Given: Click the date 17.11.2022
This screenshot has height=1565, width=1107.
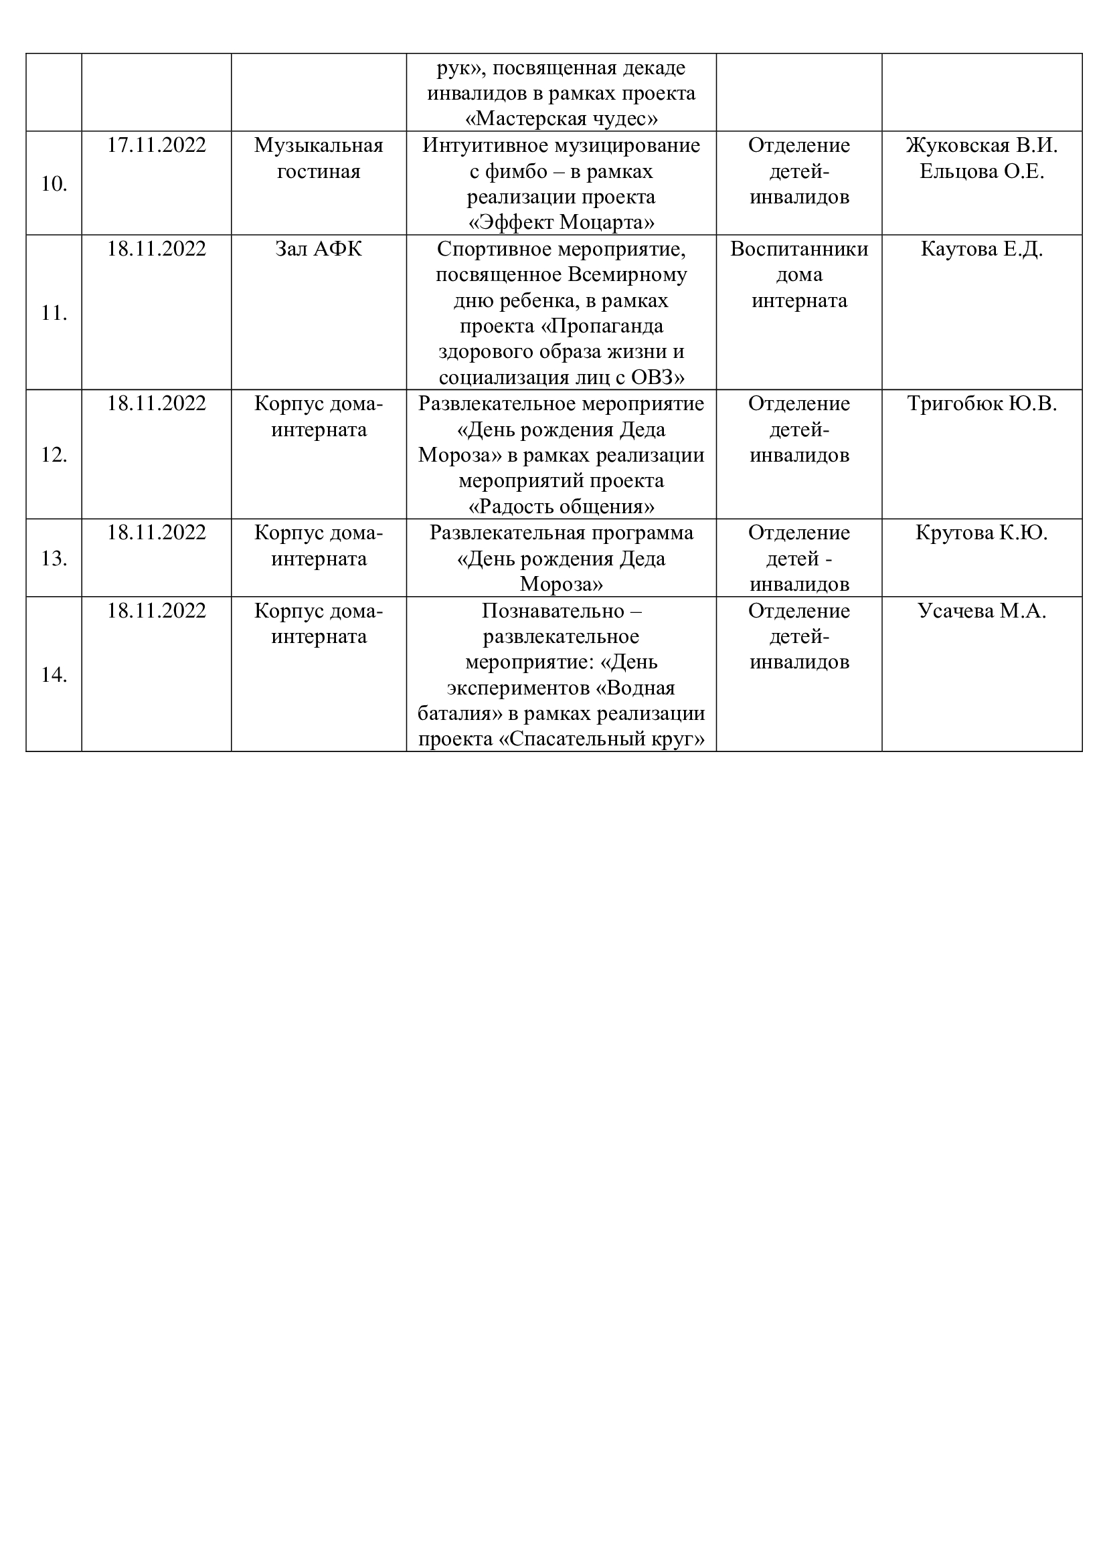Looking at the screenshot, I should tap(156, 145).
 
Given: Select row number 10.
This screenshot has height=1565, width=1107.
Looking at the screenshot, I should tap(54, 184).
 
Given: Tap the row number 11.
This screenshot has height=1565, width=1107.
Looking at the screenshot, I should tap(54, 314).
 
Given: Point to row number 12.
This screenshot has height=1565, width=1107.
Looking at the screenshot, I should tap(54, 454).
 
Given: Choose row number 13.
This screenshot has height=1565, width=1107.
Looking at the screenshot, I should tap(54, 559).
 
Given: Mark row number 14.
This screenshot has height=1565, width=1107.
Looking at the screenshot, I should tap(54, 675).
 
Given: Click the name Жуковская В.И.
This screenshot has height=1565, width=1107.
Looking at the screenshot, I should tap(982, 145).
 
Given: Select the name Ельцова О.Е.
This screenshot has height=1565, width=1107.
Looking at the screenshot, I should tap(982, 171).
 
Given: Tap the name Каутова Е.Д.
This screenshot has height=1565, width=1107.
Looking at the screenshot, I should tap(982, 249).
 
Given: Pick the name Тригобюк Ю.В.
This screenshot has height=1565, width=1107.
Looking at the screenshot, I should tap(982, 403).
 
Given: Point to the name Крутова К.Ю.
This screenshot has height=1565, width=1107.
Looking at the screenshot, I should tap(982, 533).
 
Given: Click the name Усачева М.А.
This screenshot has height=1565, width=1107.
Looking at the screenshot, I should tap(982, 611).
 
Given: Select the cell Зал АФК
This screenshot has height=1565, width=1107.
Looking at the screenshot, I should tap(319, 249).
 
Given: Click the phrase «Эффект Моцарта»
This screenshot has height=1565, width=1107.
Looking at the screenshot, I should tap(561, 223).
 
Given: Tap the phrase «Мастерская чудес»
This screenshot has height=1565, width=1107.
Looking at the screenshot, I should tap(561, 119).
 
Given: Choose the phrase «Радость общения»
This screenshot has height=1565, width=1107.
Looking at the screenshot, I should tap(561, 507).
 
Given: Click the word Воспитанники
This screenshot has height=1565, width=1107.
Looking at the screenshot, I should tap(799, 249).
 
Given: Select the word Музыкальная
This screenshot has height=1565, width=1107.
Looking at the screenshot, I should tap(319, 145).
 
